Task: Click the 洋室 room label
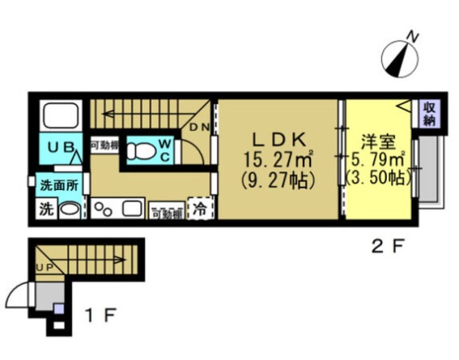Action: pyautogui.click(x=378, y=140)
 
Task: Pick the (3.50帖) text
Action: pyautogui.click(x=378, y=176)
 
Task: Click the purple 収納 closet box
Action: pyautogui.click(x=429, y=114)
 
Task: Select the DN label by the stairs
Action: pyautogui.click(x=198, y=128)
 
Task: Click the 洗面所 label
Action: pyautogui.click(x=59, y=185)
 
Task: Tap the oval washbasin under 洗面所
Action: pyautogui.click(x=70, y=210)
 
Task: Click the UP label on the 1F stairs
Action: pyautogui.click(x=45, y=268)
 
